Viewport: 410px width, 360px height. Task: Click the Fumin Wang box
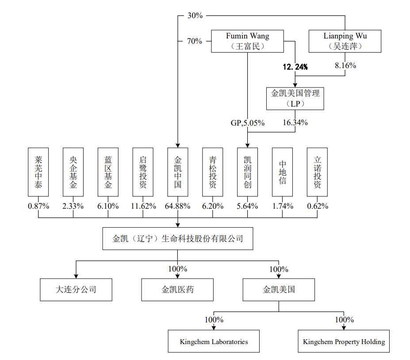coord(247,41)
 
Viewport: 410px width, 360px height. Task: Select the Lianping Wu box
coord(344,41)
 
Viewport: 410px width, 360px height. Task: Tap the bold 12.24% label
coord(295,67)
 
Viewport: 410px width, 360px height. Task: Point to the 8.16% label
coord(345,65)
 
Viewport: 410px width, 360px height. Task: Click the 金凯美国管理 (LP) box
coord(295,99)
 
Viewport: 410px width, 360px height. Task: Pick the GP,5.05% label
coord(248,123)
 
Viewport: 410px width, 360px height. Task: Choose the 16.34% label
coord(295,123)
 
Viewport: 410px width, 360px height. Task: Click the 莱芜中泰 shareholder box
coord(38,172)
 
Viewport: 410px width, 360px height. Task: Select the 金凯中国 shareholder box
coord(178,172)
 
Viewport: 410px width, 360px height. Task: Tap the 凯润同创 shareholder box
coord(247,172)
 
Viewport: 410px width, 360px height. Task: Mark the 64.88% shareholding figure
coord(177,206)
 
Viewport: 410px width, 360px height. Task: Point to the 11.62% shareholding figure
coord(143,206)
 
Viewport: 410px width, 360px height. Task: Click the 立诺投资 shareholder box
coord(317,172)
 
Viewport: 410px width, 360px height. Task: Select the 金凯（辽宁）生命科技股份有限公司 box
coord(178,239)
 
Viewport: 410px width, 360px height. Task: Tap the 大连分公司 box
coord(76,290)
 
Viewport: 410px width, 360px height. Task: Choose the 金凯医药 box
coord(177,290)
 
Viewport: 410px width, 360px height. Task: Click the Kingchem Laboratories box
coord(214,341)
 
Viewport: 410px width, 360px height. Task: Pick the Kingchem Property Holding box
coord(344,341)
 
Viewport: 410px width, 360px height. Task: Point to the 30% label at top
coord(195,15)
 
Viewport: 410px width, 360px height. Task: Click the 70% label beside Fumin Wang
coord(195,41)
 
